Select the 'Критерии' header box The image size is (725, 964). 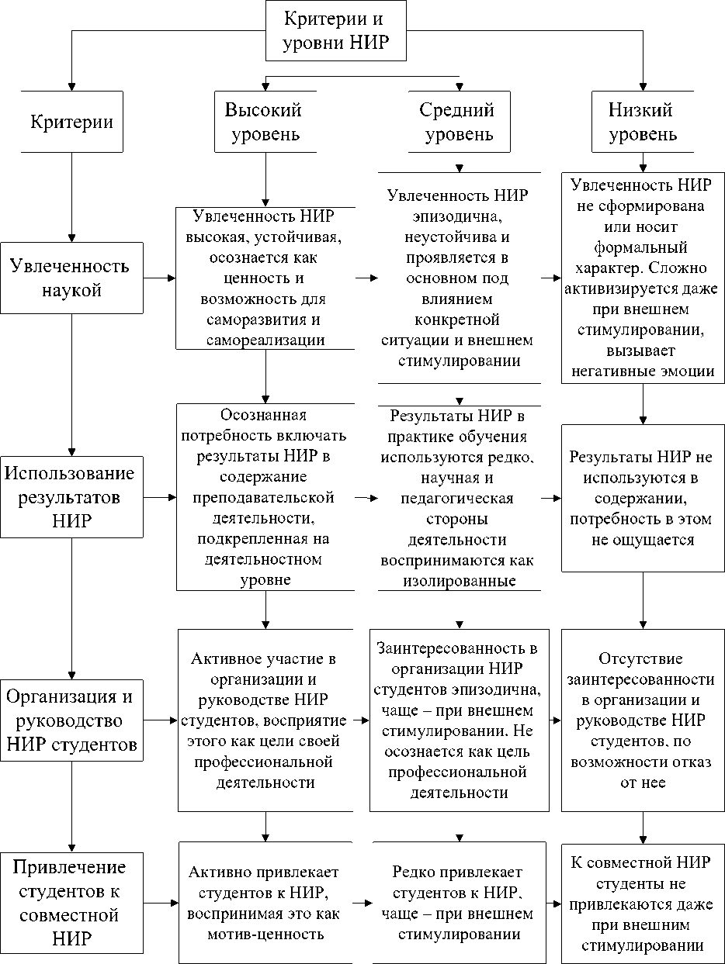[71, 122]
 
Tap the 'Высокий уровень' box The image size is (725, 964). [263, 122]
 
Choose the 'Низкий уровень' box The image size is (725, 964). [642, 122]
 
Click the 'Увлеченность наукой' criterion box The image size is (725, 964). [71, 278]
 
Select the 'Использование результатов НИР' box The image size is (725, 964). [71, 496]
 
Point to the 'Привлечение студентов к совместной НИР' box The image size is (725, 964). [71, 903]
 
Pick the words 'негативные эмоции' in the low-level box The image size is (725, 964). [642, 371]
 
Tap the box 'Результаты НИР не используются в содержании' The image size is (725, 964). [642, 498]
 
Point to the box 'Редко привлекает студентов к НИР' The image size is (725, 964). [458, 903]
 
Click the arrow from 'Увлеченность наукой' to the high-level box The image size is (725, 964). [160, 278]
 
